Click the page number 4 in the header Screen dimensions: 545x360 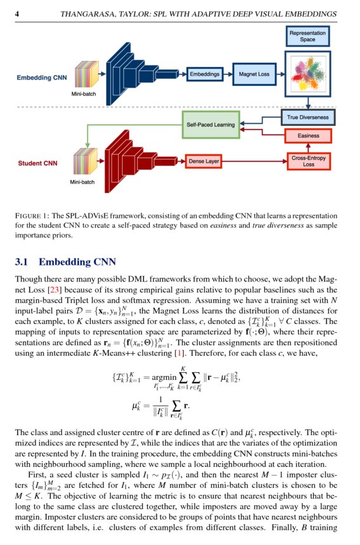click(17, 13)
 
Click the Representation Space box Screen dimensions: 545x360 click(307, 36)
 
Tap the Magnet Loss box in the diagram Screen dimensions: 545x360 click(253, 74)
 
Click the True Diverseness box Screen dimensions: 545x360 click(307, 118)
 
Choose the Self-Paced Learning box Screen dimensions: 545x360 click(211, 124)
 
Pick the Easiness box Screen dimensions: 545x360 click(308, 136)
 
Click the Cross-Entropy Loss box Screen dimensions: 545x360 click(308, 161)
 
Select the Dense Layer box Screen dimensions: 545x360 click(204, 162)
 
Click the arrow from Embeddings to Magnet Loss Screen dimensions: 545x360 click(227, 74)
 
